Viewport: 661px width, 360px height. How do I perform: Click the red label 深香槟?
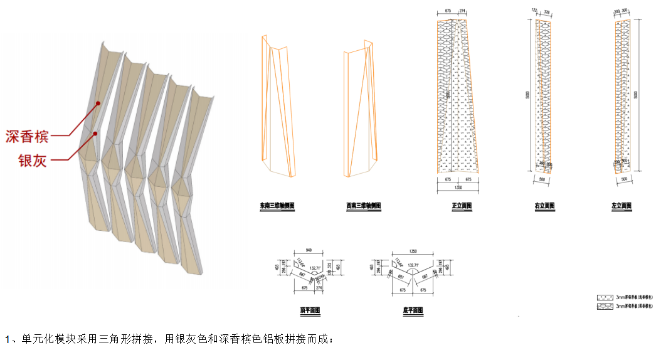tap(27, 136)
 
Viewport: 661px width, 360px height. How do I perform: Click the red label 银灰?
tap(31, 161)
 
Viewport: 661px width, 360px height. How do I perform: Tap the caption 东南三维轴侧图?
tap(277, 206)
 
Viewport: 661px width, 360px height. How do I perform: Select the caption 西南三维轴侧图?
tap(363, 206)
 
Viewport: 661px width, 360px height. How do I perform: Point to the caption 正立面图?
tap(462, 206)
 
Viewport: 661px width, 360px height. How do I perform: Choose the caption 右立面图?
tap(544, 206)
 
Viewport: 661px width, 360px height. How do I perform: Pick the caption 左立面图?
tap(621, 206)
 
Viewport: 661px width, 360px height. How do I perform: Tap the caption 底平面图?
tap(413, 310)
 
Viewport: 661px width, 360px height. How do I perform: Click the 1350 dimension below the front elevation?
tap(458, 187)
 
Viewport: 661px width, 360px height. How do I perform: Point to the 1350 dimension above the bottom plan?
tap(412, 250)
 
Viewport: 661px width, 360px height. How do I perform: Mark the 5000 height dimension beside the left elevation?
tap(637, 94)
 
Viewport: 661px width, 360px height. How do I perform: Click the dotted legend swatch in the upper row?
tap(605, 297)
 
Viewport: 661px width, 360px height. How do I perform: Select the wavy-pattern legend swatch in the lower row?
tap(605, 306)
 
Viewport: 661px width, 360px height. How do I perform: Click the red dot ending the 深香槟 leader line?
tap(98, 102)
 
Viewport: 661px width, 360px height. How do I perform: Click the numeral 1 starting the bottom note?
tap(8, 341)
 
